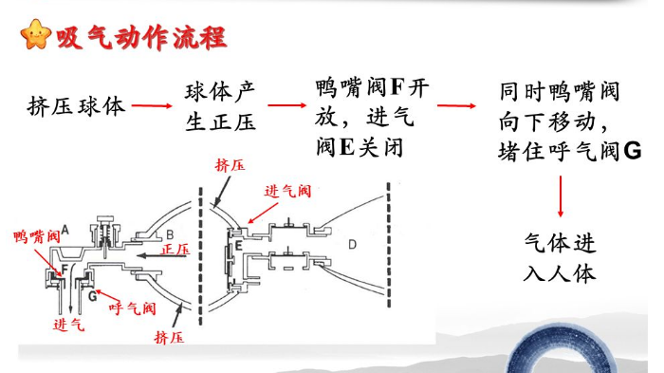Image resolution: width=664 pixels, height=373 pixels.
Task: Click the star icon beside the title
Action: click(36, 36)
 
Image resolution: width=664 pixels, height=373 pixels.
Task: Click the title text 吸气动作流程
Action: click(140, 37)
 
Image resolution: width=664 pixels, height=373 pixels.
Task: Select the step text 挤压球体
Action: click(77, 105)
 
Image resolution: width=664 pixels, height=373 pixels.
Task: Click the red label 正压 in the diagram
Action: click(175, 249)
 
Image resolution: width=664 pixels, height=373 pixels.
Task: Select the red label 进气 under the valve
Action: click(68, 325)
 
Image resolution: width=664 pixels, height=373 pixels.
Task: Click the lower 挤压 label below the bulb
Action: click(169, 335)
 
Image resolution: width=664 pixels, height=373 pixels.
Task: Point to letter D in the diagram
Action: click(352, 245)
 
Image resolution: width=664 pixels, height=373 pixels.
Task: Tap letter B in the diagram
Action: click(170, 233)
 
